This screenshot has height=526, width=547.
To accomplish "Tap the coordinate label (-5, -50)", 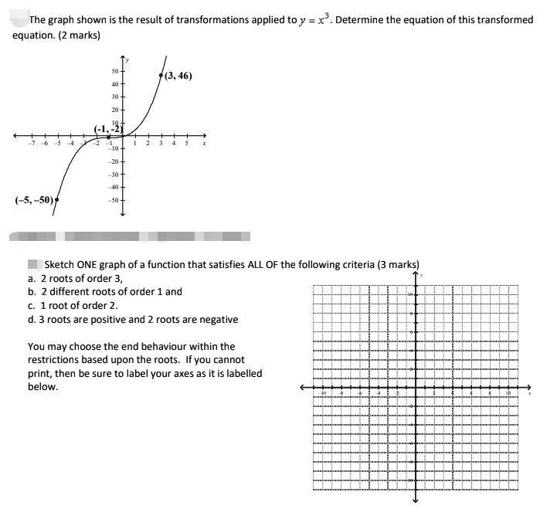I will tap(34, 199).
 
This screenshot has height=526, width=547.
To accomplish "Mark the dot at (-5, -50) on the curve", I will tap(57, 199).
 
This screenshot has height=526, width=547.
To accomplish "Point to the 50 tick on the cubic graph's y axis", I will tap(114, 73).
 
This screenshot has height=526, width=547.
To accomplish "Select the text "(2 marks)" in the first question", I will tap(78, 35).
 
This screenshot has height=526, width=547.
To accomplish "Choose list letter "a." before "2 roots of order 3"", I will tap(32, 278).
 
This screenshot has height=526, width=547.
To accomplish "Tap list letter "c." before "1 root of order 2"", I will tap(31, 305).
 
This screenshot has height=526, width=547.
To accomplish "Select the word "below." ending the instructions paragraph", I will tap(43, 387).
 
